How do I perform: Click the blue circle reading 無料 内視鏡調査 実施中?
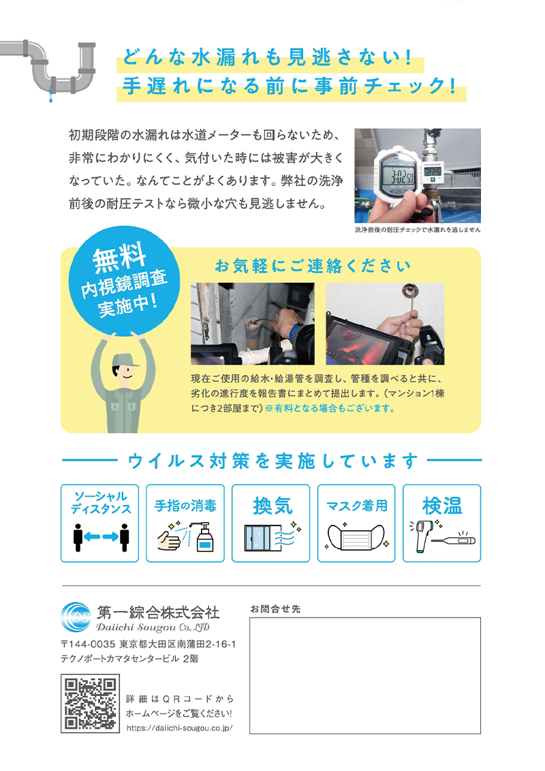click(x=125, y=281)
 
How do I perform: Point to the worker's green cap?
click(x=124, y=361)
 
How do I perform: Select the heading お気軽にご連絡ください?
click(x=313, y=266)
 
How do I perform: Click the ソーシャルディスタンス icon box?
click(x=99, y=523)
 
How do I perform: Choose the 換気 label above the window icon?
click(x=272, y=505)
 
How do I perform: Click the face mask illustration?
click(x=356, y=537)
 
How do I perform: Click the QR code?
click(x=90, y=704)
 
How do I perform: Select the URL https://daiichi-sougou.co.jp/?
click(x=179, y=728)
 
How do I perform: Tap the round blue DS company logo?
click(x=76, y=617)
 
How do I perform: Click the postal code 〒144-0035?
click(x=88, y=644)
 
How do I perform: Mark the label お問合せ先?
click(x=275, y=609)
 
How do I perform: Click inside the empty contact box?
click(x=365, y=676)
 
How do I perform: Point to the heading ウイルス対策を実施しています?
click(x=272, y=461)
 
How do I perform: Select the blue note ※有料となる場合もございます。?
click(x=330, y=408)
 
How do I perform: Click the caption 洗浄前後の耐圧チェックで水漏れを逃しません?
click(x=418, y=230)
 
